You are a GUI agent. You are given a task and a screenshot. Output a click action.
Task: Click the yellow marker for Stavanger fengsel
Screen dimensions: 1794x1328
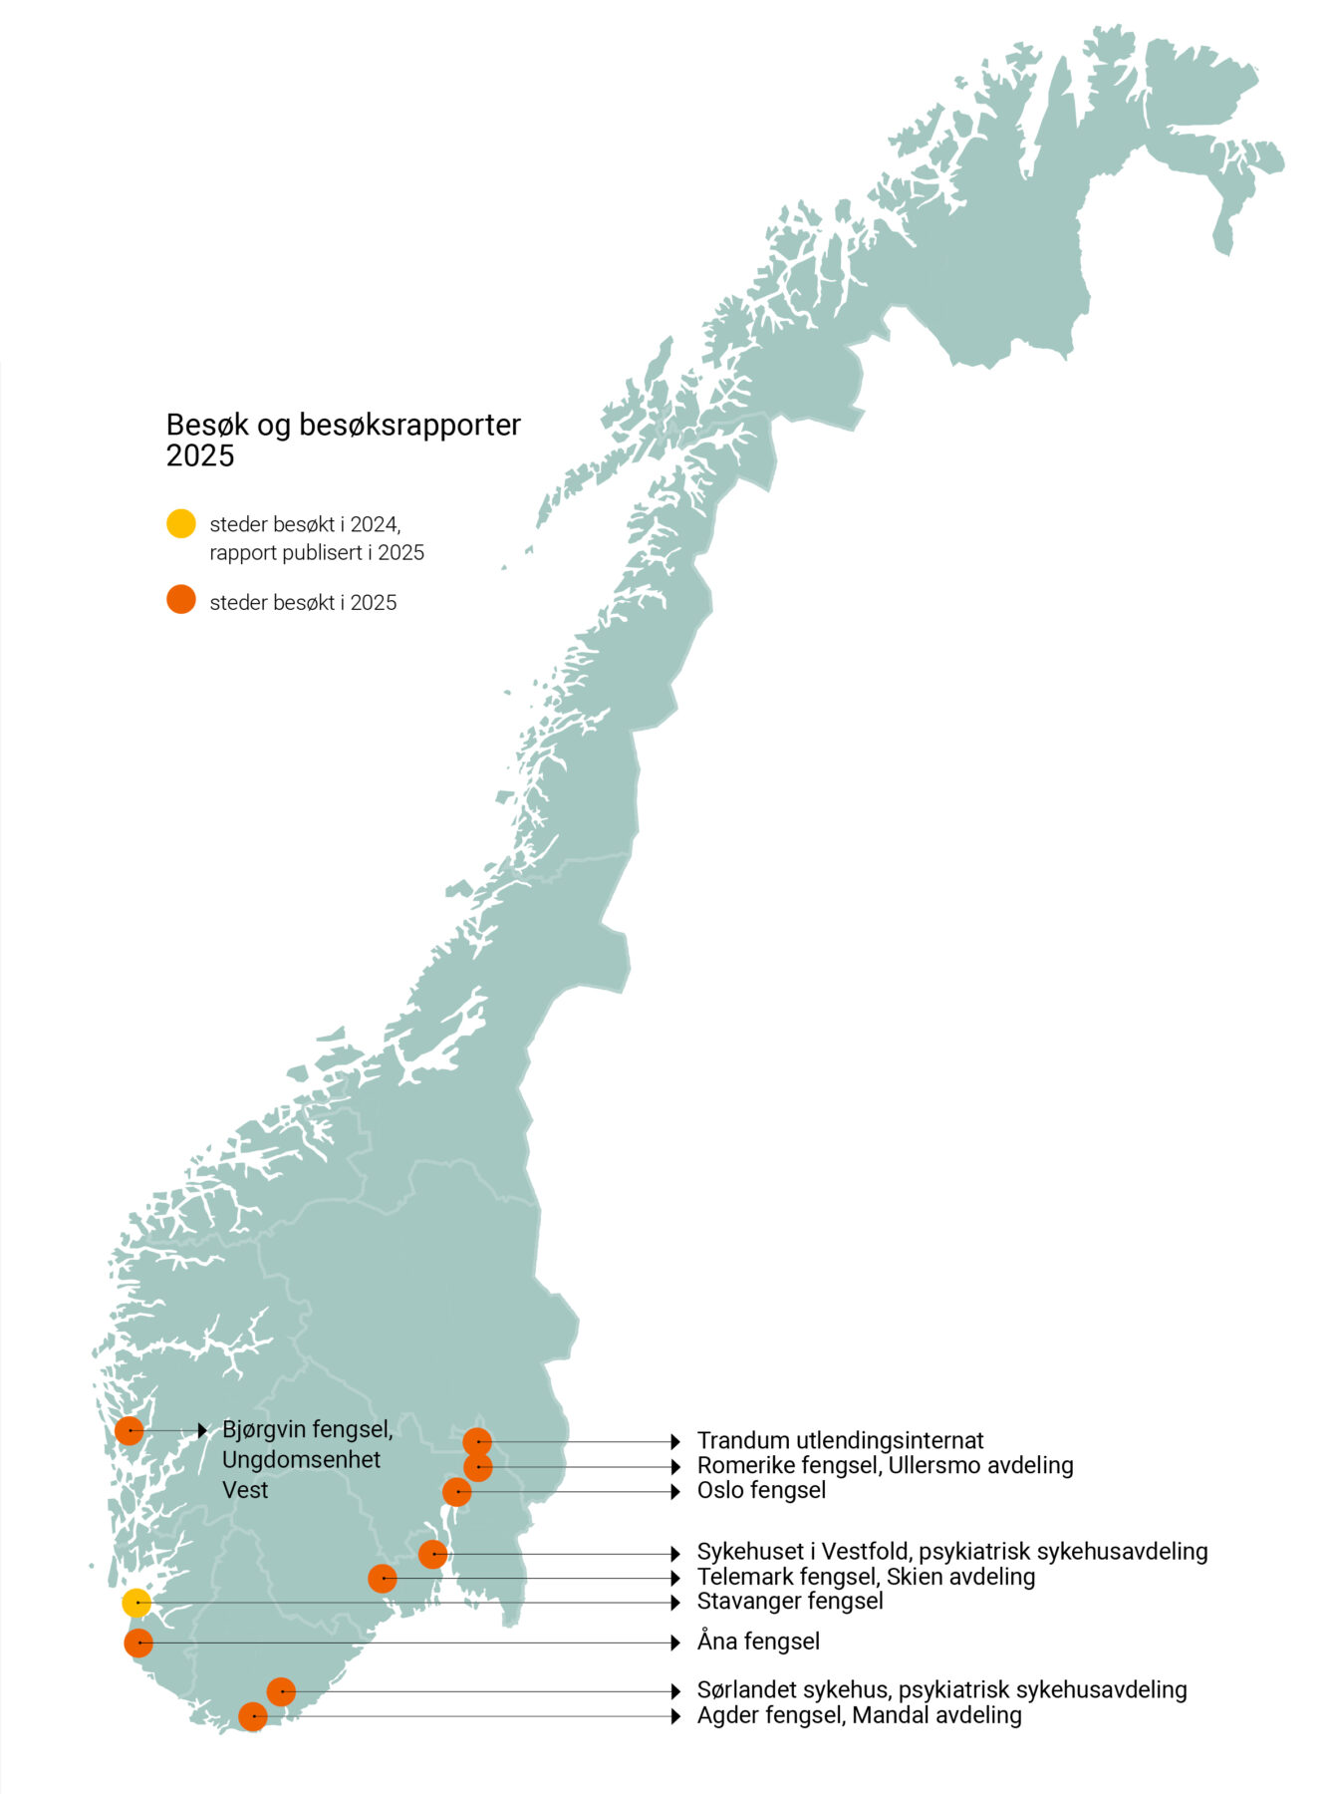pyautogui.click(x=136, y=1603)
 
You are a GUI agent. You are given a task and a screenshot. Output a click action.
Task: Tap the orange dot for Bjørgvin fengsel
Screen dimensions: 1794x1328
pyautogui.click(x=129, y=1431)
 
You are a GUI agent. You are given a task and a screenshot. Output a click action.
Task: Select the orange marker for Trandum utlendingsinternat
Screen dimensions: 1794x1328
pyautogui.click(x=477, y=1442)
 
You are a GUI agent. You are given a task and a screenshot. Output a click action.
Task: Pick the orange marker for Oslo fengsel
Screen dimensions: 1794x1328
pyautogui.click(x=456, y=1492)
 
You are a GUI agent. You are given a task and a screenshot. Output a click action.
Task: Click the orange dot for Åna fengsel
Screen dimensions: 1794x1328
pyautogui.click(x=138, y=1643)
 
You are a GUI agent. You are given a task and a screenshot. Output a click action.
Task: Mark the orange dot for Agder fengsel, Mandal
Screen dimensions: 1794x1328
pyautogui.click(x=253, y=1716)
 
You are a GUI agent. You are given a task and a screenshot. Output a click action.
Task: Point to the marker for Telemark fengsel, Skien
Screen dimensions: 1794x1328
pyautogui.click(x=383, y=1579)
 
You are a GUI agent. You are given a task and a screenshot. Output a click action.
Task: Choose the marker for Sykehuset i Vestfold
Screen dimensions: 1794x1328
pyautogui.click(x=432, y=1554)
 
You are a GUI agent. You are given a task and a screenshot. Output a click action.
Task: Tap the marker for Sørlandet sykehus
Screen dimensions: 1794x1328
pyautogui.click(x=281, y=1691)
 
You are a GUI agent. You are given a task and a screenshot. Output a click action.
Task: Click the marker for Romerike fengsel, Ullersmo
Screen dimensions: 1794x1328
pyautogui.click(x=478, y=1467)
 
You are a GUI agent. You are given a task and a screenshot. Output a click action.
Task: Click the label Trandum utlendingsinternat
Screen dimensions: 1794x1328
pyautogui.click(x=840, y=1441)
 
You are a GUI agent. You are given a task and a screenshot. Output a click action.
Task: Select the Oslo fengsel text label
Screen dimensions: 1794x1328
pyautogui.click(x=761, y=1491)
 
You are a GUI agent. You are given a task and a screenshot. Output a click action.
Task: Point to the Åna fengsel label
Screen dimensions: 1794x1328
pyautogui.click(x=758, y=1642)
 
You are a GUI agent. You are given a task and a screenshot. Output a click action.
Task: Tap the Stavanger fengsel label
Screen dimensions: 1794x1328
pyautogui.click(x=790, y=1602)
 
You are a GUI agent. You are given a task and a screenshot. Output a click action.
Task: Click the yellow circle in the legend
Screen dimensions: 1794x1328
pyautogui.click(x=180, y=524)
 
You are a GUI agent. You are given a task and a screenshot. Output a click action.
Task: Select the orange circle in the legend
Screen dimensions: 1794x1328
pyautogui.click(x=180, y=601)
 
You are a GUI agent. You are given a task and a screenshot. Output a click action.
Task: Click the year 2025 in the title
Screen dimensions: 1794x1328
pyautogui.click(x=200, y=456)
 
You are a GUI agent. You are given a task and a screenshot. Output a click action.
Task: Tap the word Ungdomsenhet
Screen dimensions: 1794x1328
pyautogui.click(x=301, y=1460)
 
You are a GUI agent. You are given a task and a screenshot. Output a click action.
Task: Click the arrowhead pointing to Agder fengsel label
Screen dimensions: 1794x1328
pyautogui.click(x=675, y=1716)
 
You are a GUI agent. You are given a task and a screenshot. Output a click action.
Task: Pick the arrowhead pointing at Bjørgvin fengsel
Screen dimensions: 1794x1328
pyautogui.click(x=202, y=1431)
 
